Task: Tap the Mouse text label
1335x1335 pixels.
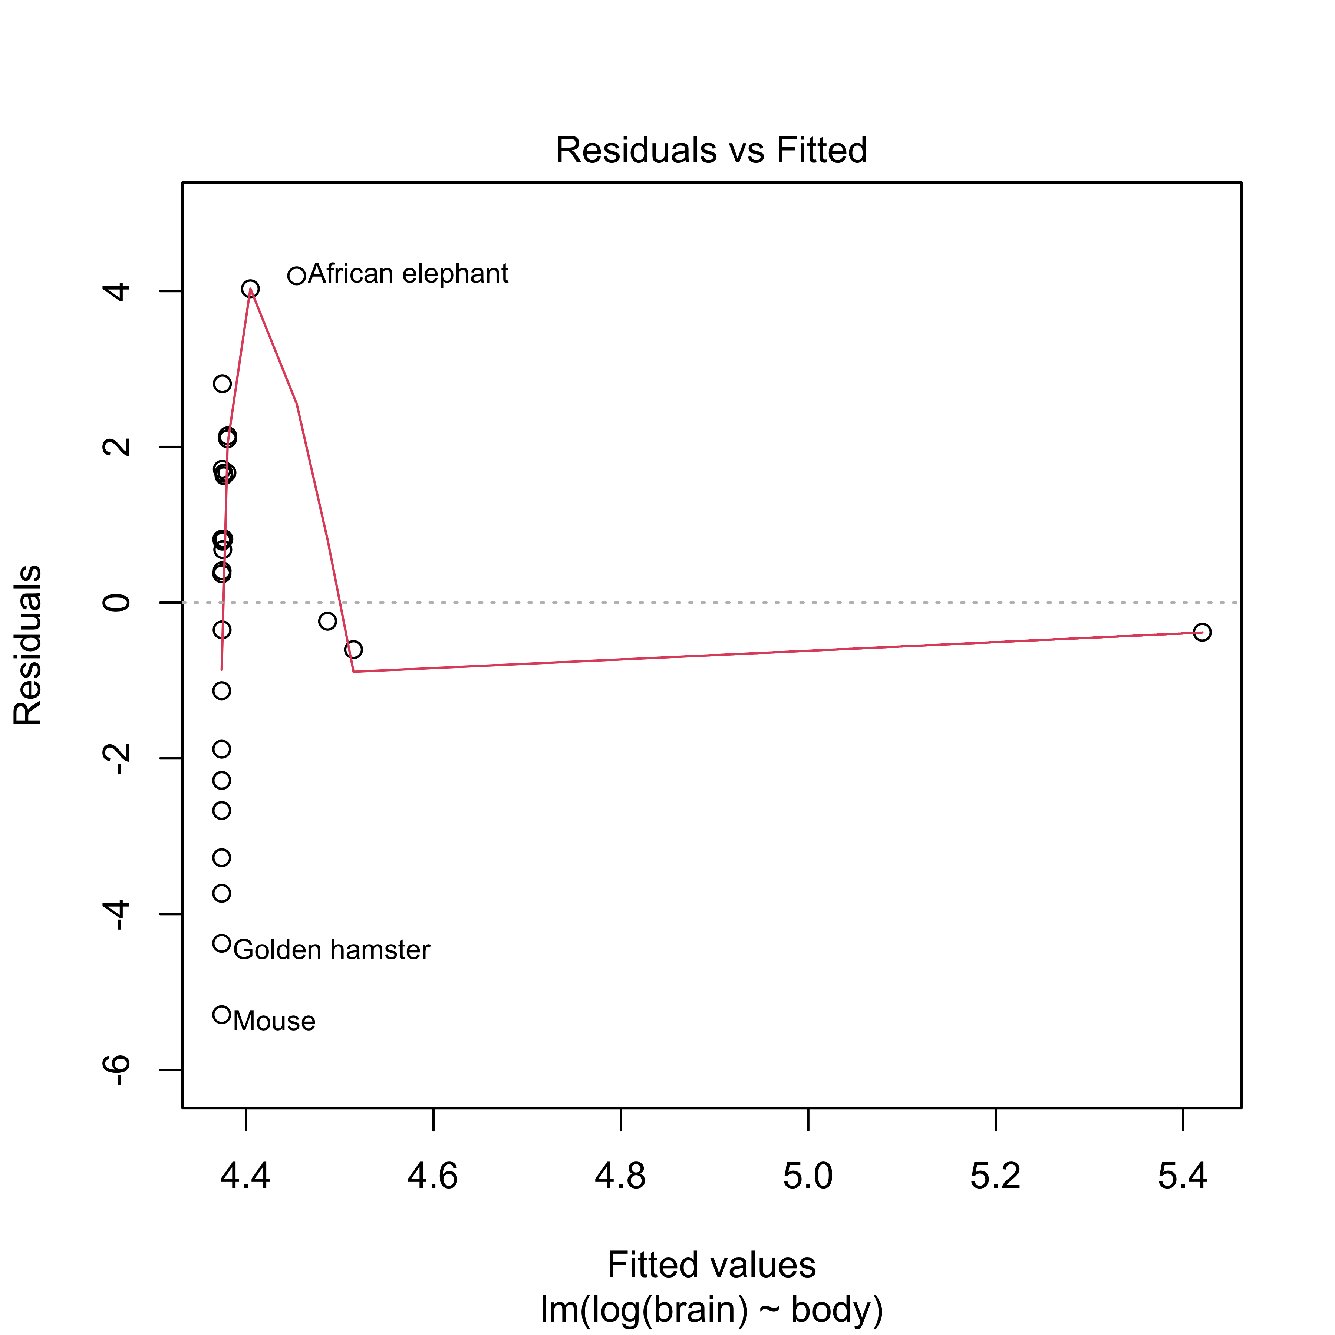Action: coord(274,1021)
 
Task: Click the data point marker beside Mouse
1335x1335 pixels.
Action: coord(221,1014)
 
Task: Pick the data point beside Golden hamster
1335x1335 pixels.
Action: coord(221,943)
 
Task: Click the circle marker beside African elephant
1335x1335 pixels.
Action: coord(296,276)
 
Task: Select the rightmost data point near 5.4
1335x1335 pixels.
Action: coord(1202,632)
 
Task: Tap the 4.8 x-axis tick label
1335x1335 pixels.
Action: coord(620,1176)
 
